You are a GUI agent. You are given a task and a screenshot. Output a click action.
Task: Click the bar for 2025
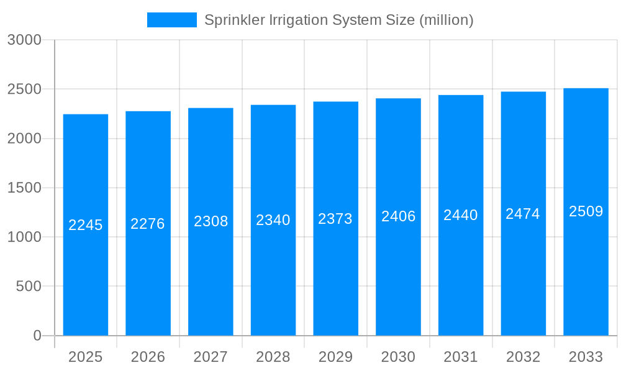pyautogui.click(x=86, y=280)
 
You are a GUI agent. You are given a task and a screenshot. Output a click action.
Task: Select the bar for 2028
pyautogui.click(x=273, y=280)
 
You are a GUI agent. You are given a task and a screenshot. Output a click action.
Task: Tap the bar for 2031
pyautogui.click(x=461, y=280)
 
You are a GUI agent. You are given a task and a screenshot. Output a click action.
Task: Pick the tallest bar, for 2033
pyautogui.click(x=586, y=280)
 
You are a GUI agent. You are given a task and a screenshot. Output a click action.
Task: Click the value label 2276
pyautogui.click(x=148, y=224)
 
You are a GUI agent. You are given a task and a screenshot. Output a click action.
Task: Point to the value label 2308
pyautogui.click(x=211, y=221)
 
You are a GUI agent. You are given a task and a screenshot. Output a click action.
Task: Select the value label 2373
pyautogui.click(x=335, y=219)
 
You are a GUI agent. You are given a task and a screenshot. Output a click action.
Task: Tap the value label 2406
pyautogui.click(x=398, y=216)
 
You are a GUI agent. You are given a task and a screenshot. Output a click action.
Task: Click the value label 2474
pyautogui.click(x=523, y=214)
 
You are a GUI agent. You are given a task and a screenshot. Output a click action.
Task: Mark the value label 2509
pyautogui.click(x=586, y=211)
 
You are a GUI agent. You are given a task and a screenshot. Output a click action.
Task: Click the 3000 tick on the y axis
pyautogui.click(x=24, y=40)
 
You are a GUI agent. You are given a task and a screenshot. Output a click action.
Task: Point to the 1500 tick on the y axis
pyautogui.click(x=24, y=188)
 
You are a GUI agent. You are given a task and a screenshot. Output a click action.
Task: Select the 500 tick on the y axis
pyautogui.click(x=28, y=287)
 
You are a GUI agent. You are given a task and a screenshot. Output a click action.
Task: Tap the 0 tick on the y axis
pyautogui.click(x=37, y=336)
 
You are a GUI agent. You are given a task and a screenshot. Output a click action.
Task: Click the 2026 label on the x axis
pyautogui.click(x=148, y=357)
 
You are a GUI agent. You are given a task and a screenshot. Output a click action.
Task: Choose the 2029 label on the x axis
pyautogui.click(x=335, y=357)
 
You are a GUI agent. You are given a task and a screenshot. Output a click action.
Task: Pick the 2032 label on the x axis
pyautogui.click(x=523, y=357)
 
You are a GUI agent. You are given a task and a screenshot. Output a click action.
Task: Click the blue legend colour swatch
pyautogui.click(x=171, y=20)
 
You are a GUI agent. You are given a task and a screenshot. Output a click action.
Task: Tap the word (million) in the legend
pyautogui.click(x=446, y=20)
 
